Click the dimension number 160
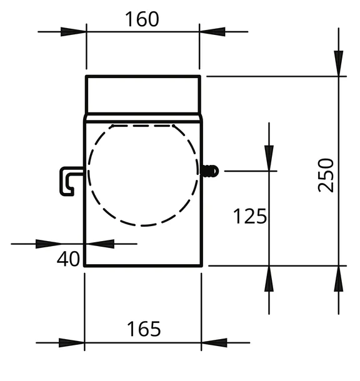[x=142, y=19]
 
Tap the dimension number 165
[x=144, y=329]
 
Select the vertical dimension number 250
[x=326, y=175]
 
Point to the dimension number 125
[x=250, y=216]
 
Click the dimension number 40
[x=68, y=259]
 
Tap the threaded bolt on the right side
[x=210, y=171]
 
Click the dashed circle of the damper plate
[x=89, y=175]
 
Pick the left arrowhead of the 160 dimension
[x=73, y=32]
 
